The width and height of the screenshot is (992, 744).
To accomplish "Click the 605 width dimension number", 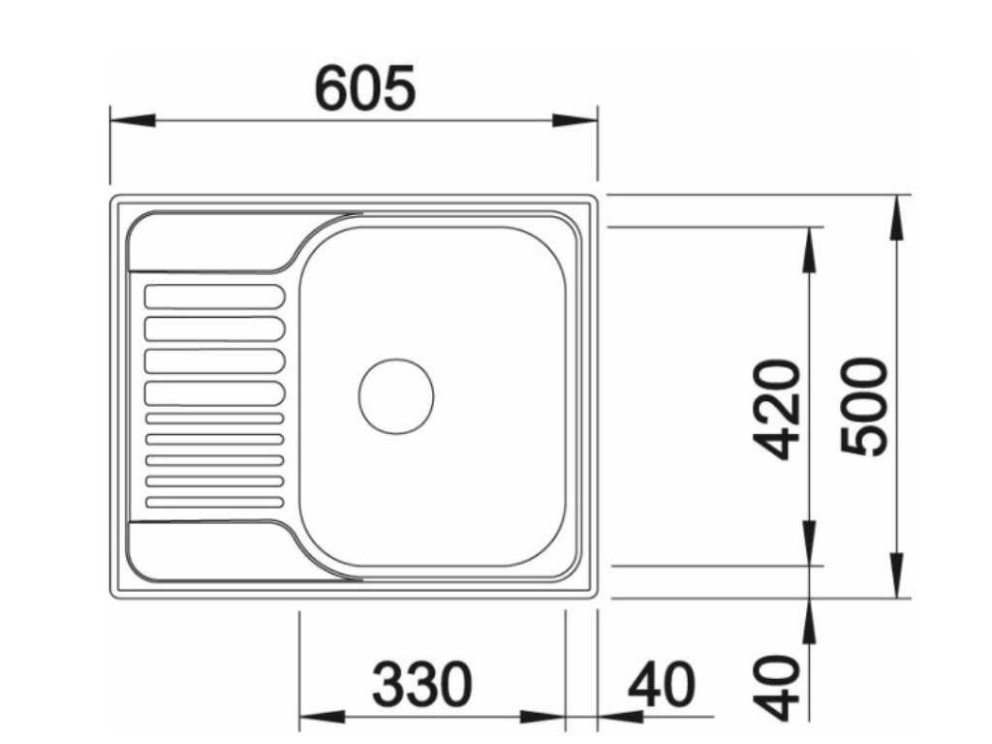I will click(x=365, y=88).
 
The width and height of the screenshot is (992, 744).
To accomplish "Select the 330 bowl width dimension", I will click(x=423, y=685).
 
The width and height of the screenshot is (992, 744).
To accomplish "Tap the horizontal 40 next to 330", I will click(x=662, y=685).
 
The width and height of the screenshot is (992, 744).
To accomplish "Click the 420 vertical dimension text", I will click(x=778, y=409).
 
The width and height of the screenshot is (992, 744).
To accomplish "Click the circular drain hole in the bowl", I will click(x=396, y=396).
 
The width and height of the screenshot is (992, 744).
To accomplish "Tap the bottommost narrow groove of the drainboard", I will click(x=214, y=501).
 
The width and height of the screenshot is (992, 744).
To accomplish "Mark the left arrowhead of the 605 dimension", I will click(x=132, y=121).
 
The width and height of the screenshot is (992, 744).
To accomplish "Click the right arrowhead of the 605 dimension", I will click(x=575, y=121).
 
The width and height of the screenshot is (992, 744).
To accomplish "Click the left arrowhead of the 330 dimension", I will click(x=320, y=718).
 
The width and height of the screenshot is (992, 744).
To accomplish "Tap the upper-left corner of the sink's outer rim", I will click(x=114, y=200).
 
